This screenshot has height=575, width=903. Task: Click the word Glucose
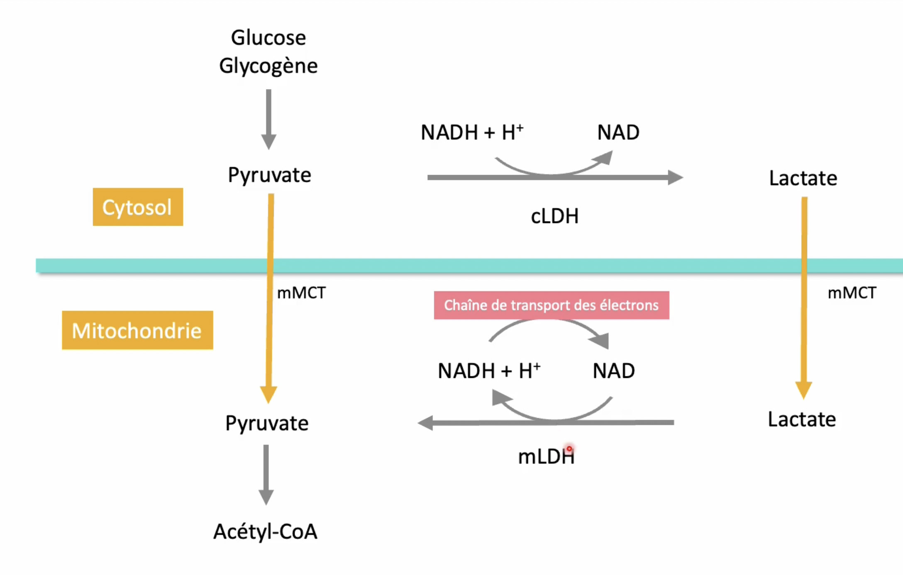[268, 38]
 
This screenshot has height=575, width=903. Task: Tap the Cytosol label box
[138, 207]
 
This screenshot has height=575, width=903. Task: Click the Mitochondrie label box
[137, 330]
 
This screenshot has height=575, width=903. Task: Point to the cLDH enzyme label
[554, 216]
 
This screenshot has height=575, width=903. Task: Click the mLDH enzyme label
[546, 457]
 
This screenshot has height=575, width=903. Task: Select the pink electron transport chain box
[551, 305]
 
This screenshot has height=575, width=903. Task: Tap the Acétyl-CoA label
[265, 531]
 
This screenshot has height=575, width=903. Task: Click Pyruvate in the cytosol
[269, 175]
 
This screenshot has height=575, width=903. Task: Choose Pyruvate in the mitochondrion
[267, 424]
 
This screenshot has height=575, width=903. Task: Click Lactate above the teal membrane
[803, 178]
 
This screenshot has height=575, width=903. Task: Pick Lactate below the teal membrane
[802, 419]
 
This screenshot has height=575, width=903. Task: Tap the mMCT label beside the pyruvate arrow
[301, 293]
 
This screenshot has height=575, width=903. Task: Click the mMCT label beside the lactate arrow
[852, 293]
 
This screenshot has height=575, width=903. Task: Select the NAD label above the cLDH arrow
[618, 133]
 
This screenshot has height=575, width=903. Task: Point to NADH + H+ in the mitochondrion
[489, 370]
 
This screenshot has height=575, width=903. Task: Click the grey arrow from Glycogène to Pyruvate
[268, 118]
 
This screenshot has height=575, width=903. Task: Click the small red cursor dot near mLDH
[569, 448]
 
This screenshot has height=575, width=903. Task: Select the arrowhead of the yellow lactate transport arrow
[803, 390]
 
